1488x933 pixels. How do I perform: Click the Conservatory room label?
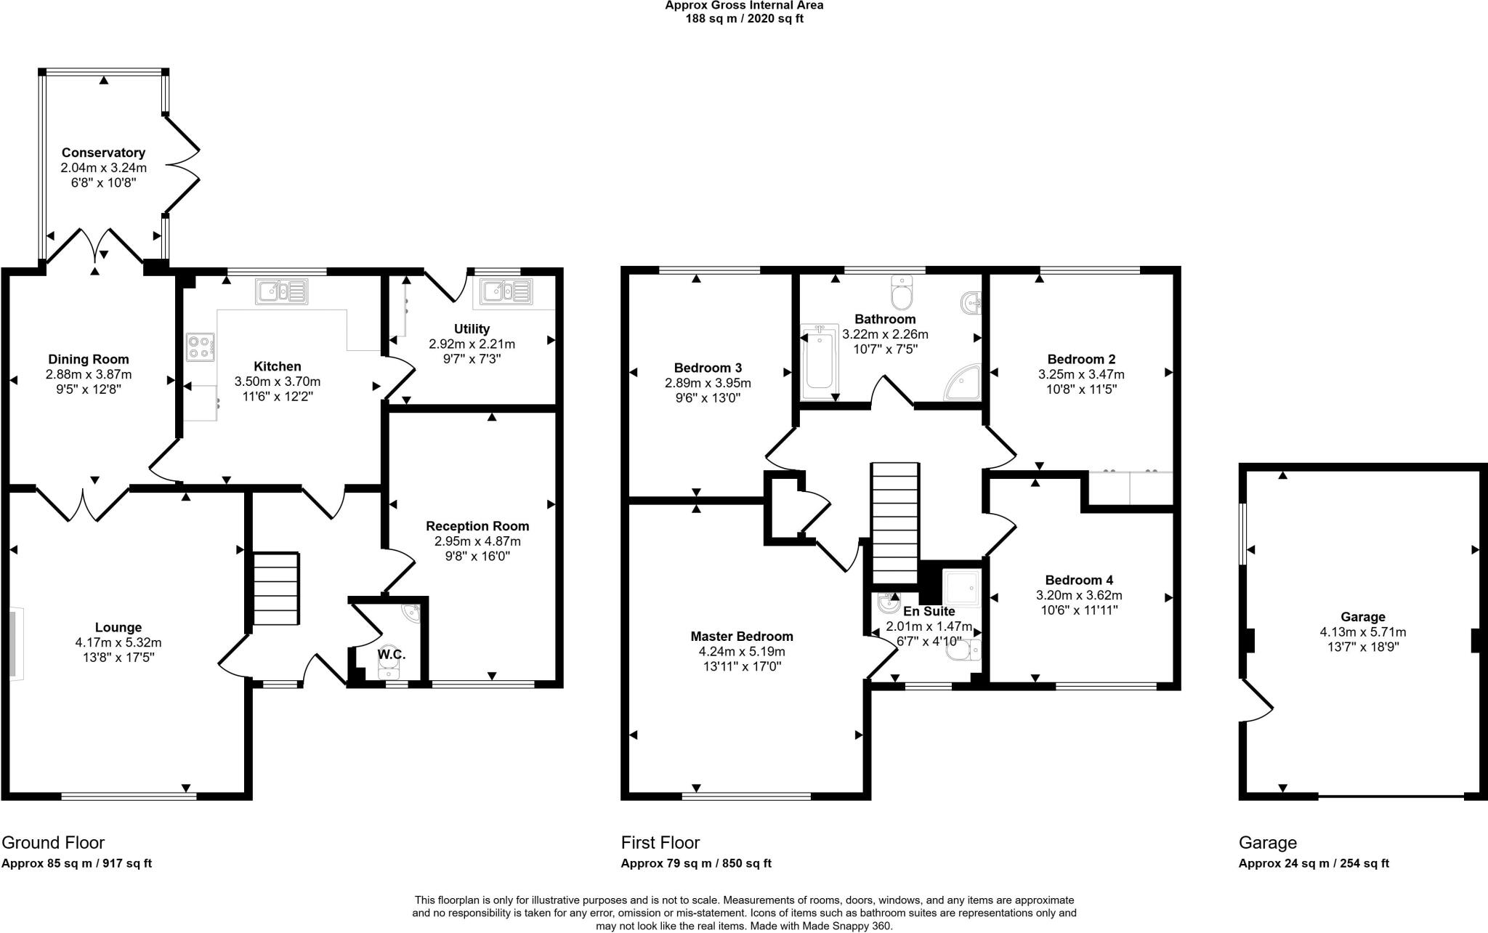[103, 153]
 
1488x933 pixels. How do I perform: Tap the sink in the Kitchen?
[282, 291]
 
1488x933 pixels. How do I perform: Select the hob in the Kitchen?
[201, 347]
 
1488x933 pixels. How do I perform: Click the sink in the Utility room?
[504, 291]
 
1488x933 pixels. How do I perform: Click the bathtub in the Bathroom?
[819, 362]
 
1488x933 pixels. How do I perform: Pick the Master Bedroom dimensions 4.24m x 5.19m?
[742, 652]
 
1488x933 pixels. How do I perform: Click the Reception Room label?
[477, 526]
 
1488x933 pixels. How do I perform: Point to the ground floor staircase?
[276, 589]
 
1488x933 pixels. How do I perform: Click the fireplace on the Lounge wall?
[16, 645]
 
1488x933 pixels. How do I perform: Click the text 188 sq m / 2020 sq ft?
[744, 19]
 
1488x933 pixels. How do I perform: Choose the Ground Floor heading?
[53, 843]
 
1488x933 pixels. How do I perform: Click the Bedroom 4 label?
[1079, 580]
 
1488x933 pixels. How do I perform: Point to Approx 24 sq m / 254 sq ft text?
[1314, 863]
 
